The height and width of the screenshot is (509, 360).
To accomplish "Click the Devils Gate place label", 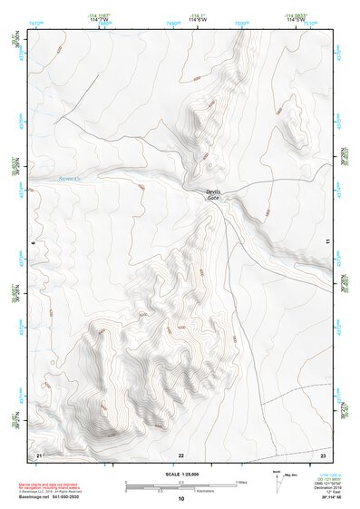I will click(x=213, y=194).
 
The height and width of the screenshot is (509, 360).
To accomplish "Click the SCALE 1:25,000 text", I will click(x=181, y=475).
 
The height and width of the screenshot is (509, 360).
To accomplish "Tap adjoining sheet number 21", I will click(x=37, y=453).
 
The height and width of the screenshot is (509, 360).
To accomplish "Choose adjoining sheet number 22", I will click(x=180, y=453).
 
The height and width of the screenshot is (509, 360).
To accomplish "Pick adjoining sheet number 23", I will click(x=324, y=453).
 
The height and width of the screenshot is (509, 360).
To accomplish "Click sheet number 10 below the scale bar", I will click(x=181, y=498).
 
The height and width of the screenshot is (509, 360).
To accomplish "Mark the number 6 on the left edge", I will click(x=32, y=243).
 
